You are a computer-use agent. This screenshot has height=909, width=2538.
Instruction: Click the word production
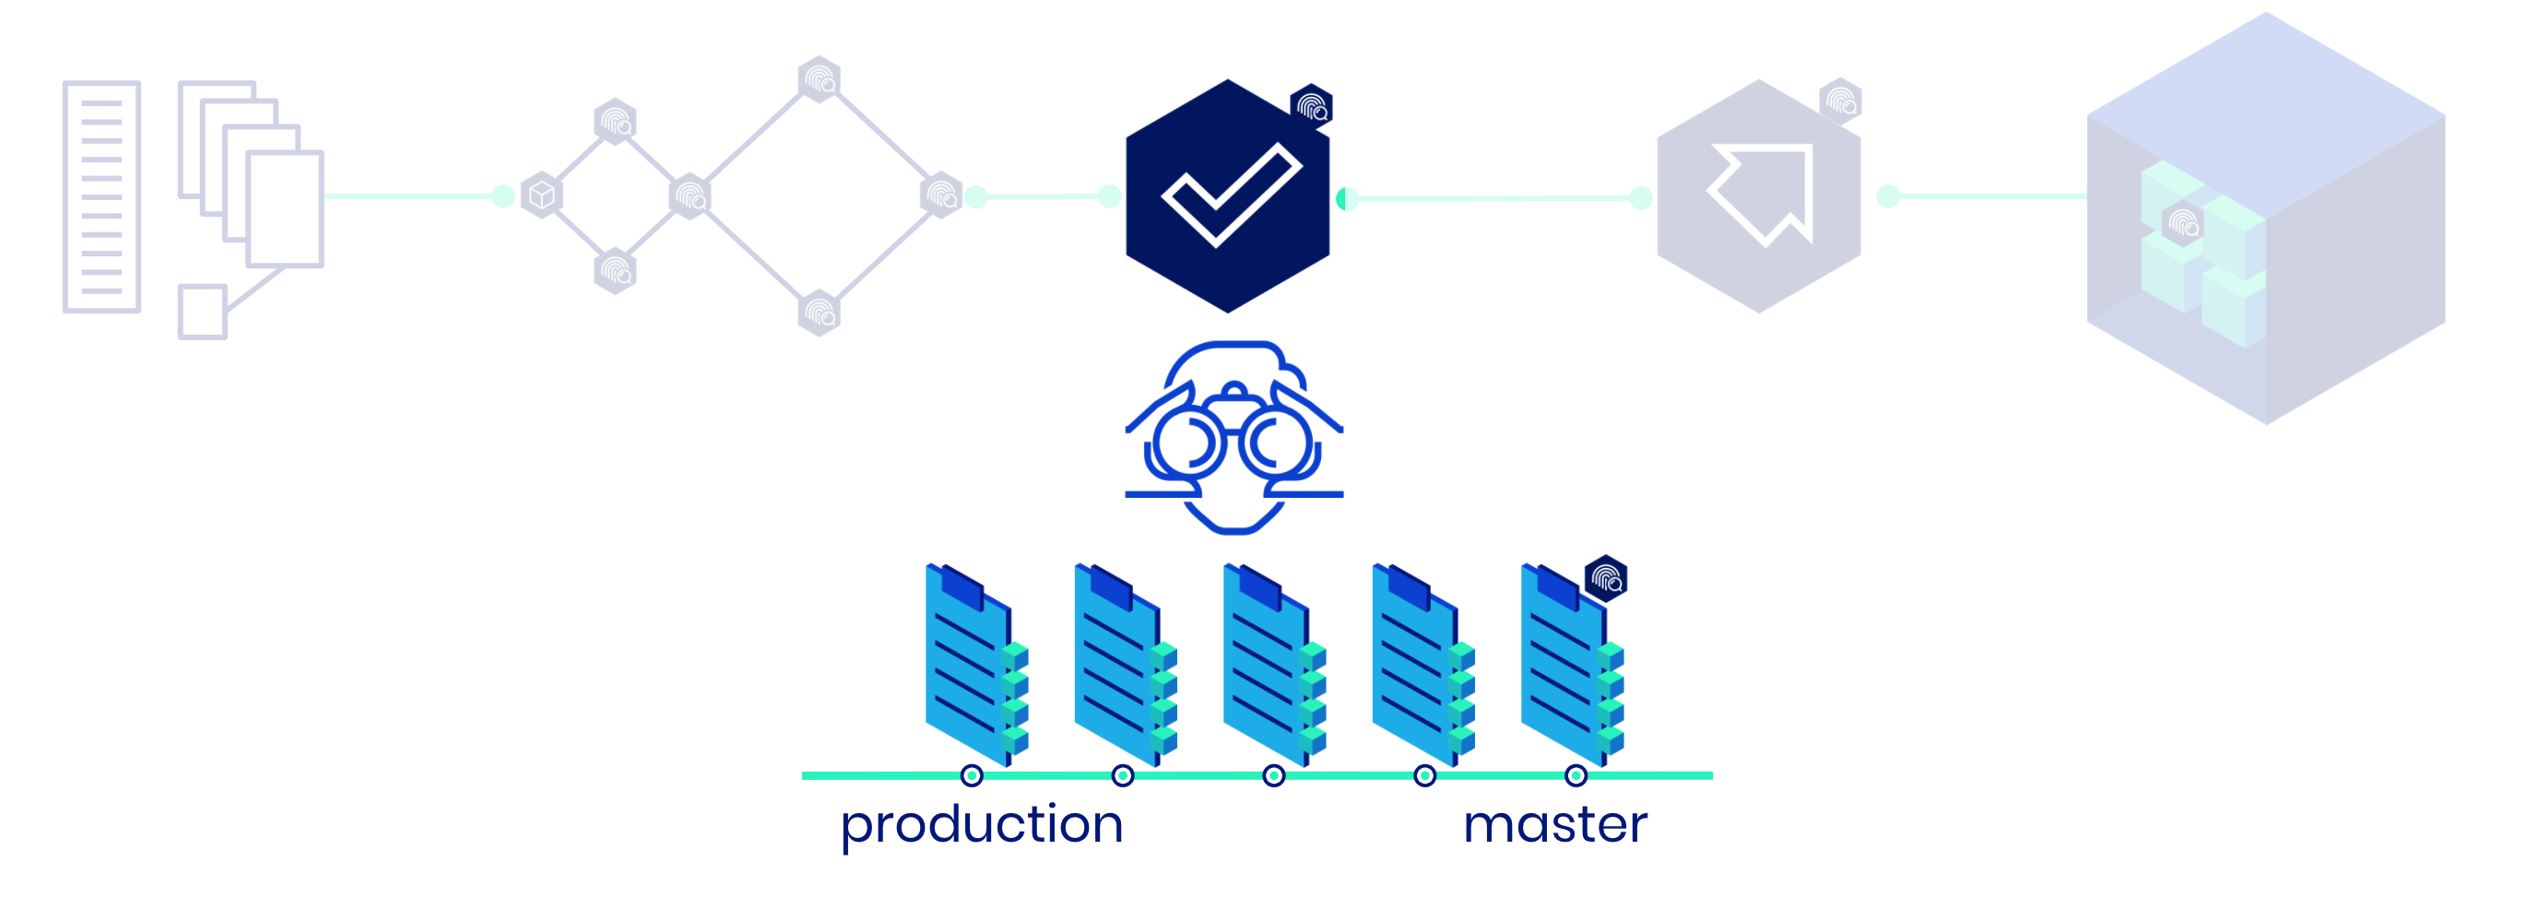click(x=981, y=824)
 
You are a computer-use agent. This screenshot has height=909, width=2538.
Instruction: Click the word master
click(x=1554, y=824)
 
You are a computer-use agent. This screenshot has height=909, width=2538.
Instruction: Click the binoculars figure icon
click(x=1234, y=437)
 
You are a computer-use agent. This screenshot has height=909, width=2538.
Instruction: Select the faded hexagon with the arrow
click(x=1759, y=197)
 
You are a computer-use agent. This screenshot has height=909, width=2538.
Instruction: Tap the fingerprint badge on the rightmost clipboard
click(x=1605, y=578)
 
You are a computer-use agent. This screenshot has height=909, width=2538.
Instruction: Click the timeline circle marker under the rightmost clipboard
click(x=1576, y=776)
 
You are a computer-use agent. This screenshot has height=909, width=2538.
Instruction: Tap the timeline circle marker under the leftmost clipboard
click(x=972, y=776)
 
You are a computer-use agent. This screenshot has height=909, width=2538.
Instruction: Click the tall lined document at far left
click(x=101, y=197)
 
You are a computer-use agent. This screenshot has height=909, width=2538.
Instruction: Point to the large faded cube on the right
click(x=2266, y=218)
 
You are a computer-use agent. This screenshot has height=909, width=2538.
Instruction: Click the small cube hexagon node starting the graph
click(x=541, y=195)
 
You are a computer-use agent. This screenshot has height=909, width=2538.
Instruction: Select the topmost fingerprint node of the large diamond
click(x=819, y=78)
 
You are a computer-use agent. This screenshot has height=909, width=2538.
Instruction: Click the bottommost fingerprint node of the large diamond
click(x=819, y=313)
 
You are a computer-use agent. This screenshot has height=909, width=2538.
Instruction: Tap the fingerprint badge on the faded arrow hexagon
click(x=1839, y=100)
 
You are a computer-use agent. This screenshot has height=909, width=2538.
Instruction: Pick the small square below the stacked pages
click(x=203, y=313)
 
